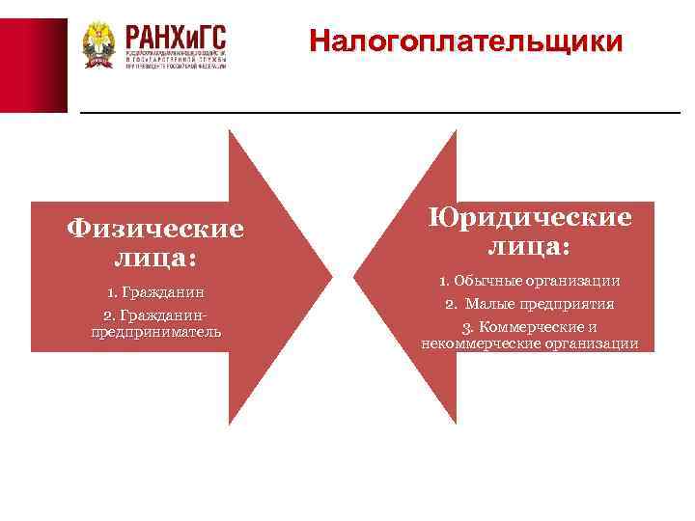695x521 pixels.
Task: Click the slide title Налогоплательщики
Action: (466, 42)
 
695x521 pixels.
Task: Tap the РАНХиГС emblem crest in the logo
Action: (98, 45)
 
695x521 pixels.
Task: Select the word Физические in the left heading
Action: (155, 230)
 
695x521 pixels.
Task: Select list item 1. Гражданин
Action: (154, 291)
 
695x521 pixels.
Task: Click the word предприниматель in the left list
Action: (155, 331)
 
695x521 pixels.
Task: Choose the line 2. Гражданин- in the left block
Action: (154, 315)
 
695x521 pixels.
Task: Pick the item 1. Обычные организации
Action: (529, 281)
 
